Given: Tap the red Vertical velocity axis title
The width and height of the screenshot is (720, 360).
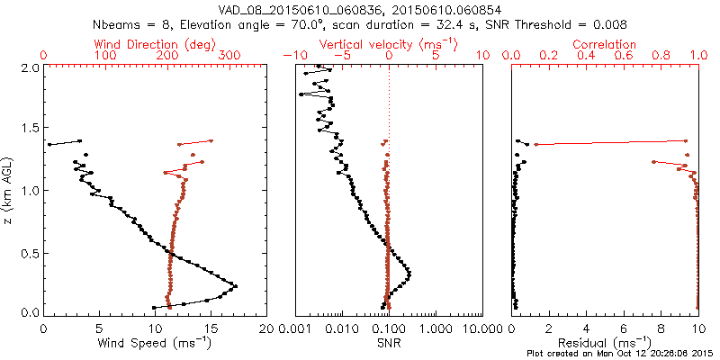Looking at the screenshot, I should pyautogui.click(x=388, y=44).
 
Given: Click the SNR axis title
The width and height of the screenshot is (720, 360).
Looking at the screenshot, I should pyautogui.click(x=388, y=343).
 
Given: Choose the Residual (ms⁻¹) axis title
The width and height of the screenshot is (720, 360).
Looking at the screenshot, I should pyautogui.click(x=606, y=343).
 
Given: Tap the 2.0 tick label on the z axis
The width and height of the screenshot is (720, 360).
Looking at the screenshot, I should pyautogui.click(x=29, y=67).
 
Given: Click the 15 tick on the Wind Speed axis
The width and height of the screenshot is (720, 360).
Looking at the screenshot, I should pyautogui.click(x=211, y=328).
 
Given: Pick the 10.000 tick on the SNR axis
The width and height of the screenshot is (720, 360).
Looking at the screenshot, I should pyautogui.click(x=479, y=328).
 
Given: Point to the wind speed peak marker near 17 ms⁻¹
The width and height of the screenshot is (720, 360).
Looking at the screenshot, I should pyautogui.click(x=236, y=286).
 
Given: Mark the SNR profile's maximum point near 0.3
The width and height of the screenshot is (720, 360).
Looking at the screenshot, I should pyautogui.click(x=410, y=273).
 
